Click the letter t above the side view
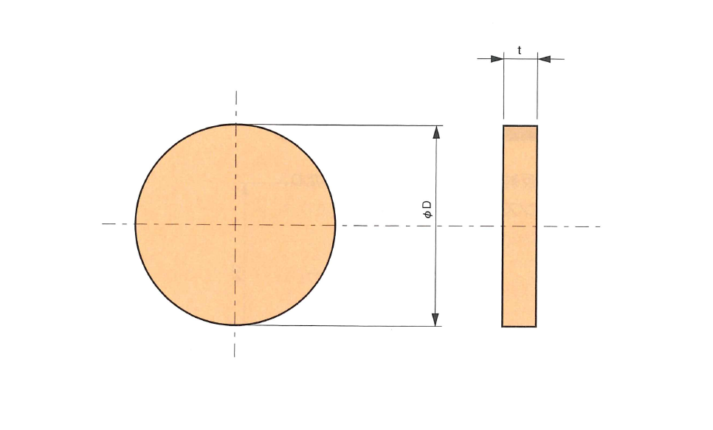pos(520,50)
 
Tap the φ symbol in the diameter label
pos(427,214)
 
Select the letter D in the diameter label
pos(427,204)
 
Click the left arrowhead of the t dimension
pos(497,59)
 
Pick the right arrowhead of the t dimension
pos(544,59)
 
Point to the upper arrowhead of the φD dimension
pos(436,132)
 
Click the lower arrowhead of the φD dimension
pos(435,319)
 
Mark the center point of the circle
pos(235,224)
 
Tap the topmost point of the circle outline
pos(235,124)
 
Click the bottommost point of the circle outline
pos(235,325)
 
